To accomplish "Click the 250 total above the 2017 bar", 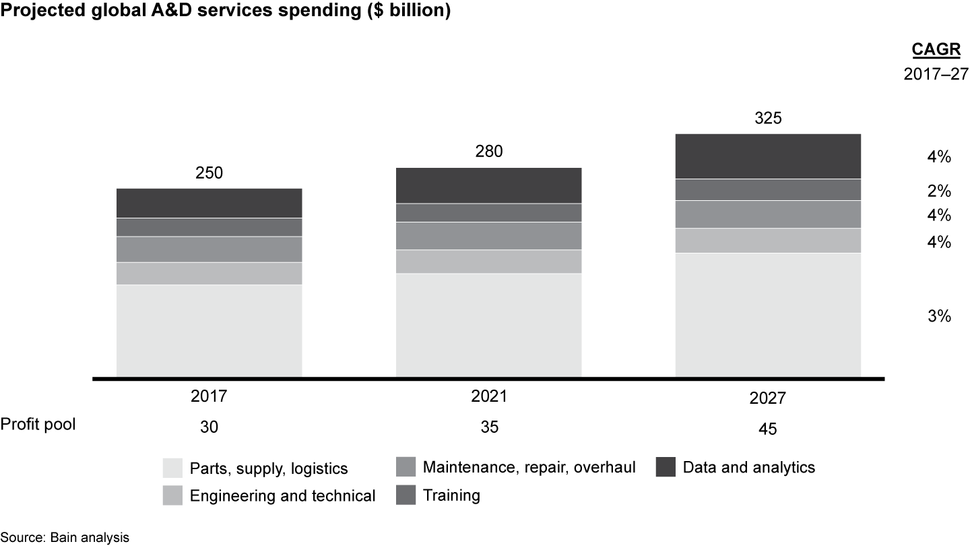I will point(209,173).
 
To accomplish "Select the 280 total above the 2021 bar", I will point(488,152).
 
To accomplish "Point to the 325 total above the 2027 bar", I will point(768,119).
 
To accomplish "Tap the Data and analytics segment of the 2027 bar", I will point(768,156).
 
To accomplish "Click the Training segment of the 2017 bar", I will point(209,227).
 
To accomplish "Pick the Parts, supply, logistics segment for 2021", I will point(488,325).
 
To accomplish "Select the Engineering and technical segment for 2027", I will point(768,241).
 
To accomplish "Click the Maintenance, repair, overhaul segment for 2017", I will point(209,249).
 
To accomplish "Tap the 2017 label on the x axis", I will point(209,398).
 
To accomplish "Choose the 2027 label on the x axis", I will point(768,399).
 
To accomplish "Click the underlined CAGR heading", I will point(931,49).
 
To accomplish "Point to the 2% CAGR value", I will point(938,191).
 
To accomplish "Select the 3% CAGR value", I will point(938,316).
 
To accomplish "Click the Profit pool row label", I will point(38,424).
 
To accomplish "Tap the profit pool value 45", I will point(768,429).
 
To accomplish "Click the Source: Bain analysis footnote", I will point(65,537).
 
